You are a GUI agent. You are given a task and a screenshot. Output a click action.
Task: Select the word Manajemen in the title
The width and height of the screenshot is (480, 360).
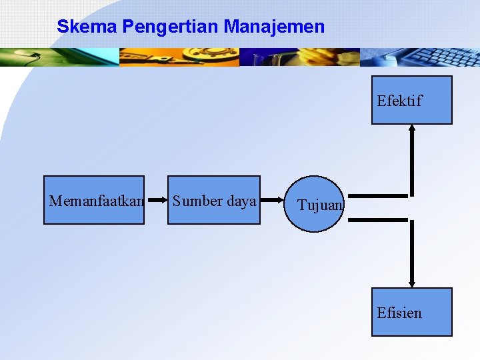(274, 27)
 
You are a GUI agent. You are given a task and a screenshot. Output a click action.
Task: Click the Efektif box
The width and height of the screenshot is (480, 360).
(411, 100)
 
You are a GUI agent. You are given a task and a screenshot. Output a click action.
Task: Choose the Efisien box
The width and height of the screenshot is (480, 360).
(411, 311)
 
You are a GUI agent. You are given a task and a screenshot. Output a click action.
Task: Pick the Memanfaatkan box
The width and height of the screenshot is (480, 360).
(94, 200)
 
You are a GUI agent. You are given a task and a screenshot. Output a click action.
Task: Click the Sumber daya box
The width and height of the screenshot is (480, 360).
(213, 200)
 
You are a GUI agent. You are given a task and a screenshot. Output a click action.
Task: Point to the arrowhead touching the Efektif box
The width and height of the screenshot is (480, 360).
(412, 129)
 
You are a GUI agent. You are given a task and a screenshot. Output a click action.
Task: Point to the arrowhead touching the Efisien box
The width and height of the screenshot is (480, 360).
(412, 283)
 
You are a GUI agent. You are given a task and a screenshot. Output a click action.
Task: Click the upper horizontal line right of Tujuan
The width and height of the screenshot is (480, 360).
(377, 196)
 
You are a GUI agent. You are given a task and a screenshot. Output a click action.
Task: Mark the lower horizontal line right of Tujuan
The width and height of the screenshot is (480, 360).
(377, 219)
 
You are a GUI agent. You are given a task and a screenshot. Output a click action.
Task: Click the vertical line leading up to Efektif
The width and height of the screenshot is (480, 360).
(412, 163)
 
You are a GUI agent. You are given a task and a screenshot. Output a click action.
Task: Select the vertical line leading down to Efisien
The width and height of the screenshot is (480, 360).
(412, 250)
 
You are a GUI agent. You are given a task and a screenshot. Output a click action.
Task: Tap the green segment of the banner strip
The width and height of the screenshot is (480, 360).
(60, 57)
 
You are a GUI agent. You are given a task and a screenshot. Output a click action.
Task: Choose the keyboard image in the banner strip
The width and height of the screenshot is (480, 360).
(420, 57)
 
